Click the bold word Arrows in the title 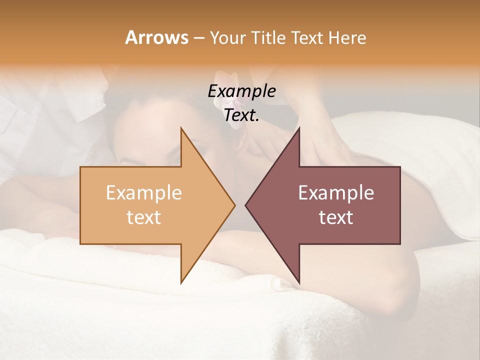pos(156,37)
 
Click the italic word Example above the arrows pos(241,91)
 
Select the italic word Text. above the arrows pos(241,115)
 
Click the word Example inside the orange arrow pos(144,192)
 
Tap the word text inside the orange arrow pos(144,217)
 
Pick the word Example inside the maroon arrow pos(336,192)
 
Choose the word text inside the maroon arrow pos(336,217)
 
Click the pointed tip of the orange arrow pos(234,205)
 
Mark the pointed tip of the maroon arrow pos(245,205)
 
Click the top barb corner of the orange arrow pos(181,128)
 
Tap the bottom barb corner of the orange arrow pos(181,283)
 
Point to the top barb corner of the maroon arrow pos(299,128)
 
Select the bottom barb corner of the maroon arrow pos(299,283)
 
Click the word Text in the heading pos(308,37)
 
